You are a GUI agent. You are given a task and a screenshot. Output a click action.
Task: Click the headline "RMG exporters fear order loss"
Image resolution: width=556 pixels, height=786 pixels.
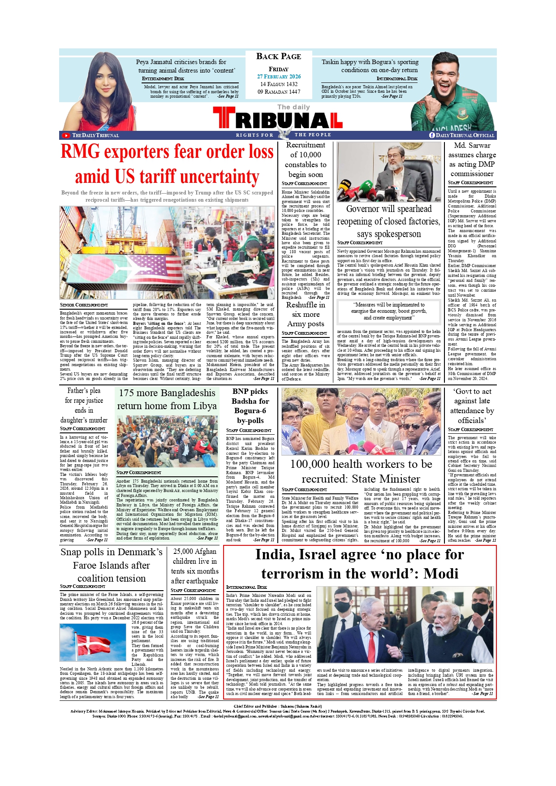[x=167, y=152]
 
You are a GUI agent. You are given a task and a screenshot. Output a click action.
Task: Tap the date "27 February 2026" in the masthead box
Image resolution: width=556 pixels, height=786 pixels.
[x=279, y=77]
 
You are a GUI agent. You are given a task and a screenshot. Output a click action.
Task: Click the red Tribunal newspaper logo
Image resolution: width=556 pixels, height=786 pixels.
[x=278, y=119]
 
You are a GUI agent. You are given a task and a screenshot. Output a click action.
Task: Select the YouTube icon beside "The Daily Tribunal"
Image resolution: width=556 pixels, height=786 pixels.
[x=66, y=135]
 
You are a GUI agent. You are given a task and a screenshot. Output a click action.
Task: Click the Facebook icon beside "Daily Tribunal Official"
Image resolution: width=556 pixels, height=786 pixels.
[x=432, y=135]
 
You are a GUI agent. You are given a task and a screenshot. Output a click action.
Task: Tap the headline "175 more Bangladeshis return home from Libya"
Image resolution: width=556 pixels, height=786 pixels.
[x=167, y=399]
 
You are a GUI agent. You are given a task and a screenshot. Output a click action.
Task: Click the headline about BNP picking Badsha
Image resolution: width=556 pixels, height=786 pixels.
[x=250, y=406]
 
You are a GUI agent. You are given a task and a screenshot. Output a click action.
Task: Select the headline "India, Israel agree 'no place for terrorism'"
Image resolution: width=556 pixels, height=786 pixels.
[x=359, y=564]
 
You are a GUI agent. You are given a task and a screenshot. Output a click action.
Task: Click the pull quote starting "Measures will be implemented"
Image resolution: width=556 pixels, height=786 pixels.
[x=389, y=311]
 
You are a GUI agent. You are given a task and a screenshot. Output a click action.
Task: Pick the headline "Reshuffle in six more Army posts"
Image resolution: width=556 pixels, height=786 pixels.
[x=306, y=314]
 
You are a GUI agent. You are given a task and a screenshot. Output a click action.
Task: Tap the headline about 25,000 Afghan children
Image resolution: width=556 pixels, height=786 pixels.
[x=195, y=566]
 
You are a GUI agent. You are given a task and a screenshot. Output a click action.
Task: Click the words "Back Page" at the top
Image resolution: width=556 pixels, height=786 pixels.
[x=279, y=56]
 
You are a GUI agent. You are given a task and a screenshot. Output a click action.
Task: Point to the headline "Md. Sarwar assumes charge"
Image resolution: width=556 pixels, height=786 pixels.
[x=472, y=160]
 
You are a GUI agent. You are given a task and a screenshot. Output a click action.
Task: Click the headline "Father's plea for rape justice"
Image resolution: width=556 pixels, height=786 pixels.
[x=84, y=405]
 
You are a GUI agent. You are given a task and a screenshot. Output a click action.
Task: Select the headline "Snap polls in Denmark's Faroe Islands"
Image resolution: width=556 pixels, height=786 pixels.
[x=112, y=565]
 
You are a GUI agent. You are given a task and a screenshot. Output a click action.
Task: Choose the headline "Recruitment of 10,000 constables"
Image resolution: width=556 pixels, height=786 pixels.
[x=306, y=160]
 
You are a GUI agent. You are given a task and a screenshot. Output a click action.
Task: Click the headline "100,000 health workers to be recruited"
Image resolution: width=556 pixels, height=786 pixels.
[x=361, y=471]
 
